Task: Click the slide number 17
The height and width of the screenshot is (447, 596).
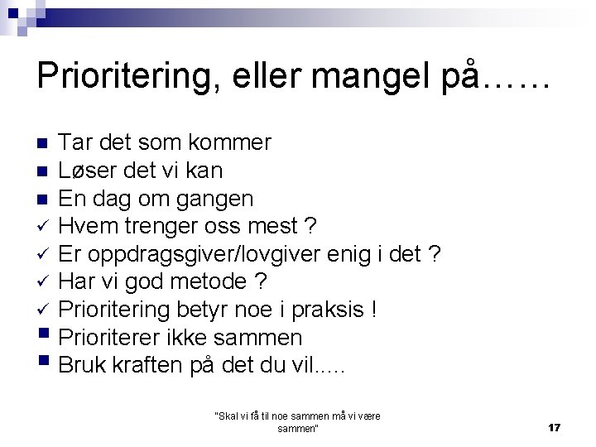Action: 555,427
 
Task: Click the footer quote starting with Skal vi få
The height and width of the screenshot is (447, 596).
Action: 297,422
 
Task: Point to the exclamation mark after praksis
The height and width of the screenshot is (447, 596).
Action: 374,310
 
